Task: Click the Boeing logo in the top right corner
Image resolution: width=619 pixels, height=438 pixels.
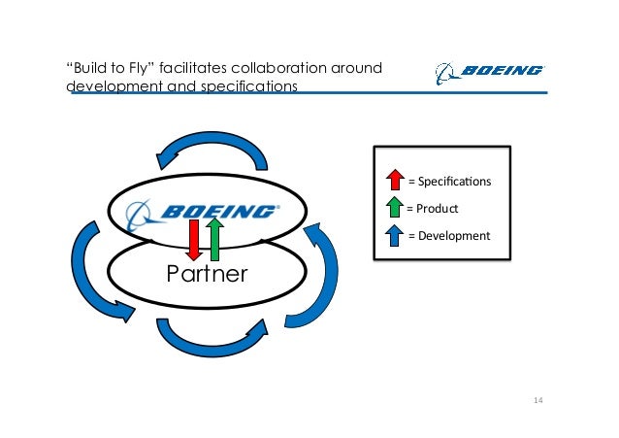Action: [489, 71]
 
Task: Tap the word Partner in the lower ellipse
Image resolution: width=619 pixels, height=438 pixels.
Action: [207, 273]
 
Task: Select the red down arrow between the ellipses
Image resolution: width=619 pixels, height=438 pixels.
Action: [194, 239]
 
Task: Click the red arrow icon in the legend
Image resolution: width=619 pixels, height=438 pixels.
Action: [395, 180]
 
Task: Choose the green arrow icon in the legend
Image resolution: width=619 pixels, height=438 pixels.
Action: [395, 208]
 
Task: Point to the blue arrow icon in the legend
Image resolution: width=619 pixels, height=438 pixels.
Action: [395, 235]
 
